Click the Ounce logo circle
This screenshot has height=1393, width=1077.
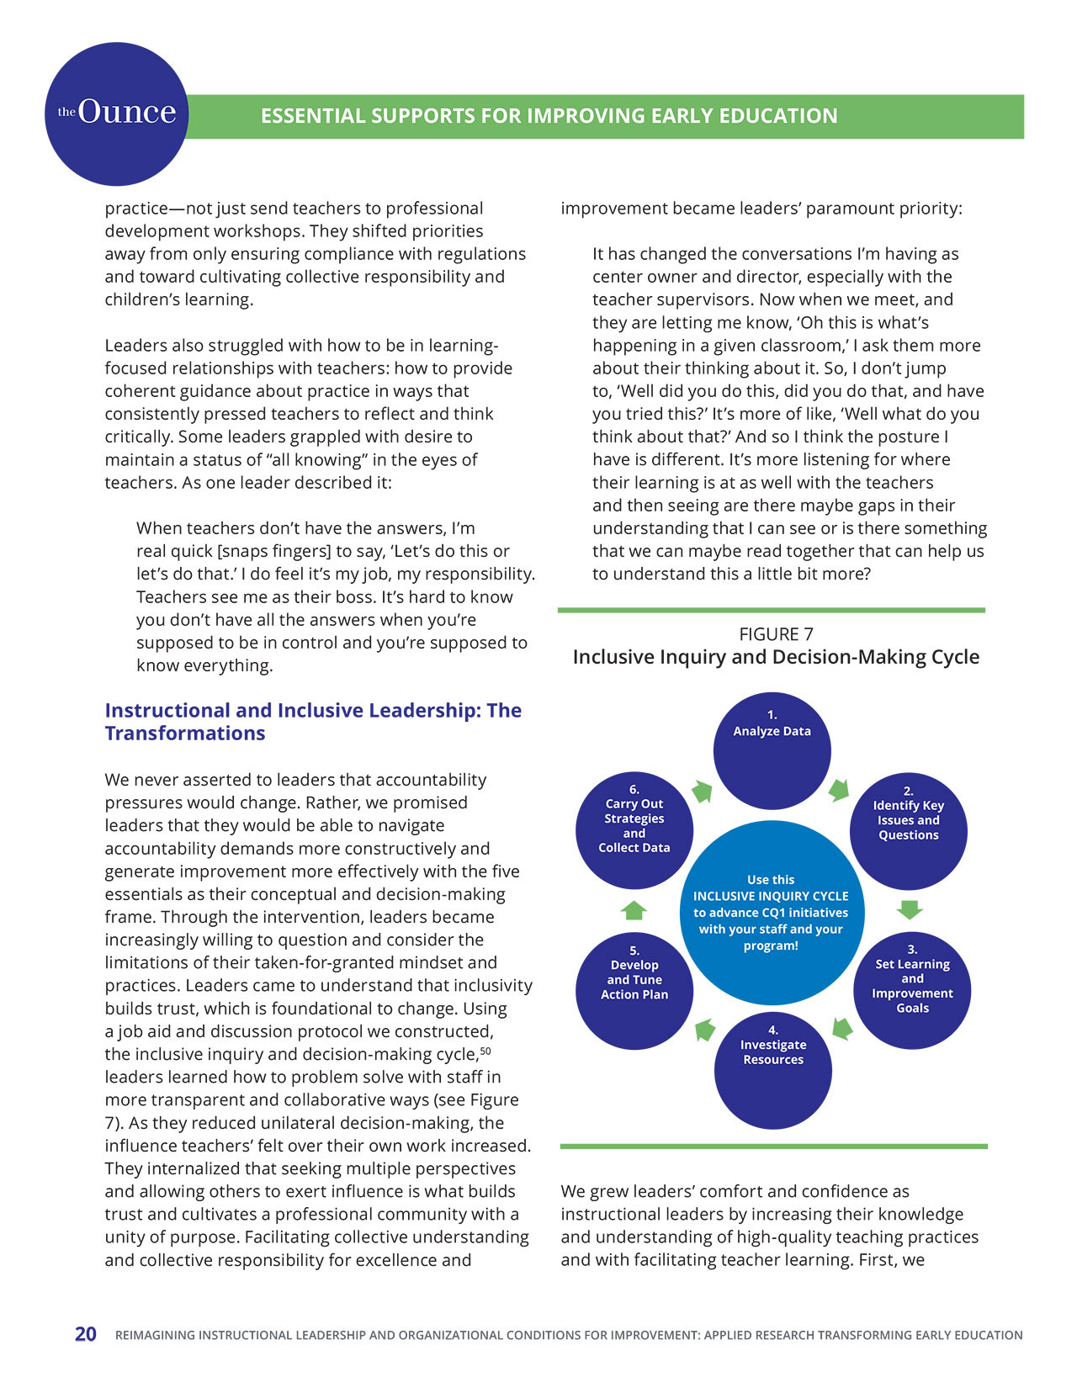coord(116,114)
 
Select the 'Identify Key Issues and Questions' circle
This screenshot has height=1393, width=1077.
coord(908,831)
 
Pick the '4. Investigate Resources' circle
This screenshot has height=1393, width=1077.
coord(772,1070)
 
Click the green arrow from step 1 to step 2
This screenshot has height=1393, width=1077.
coord(839,790)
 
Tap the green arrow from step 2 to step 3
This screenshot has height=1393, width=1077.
coord(910,909)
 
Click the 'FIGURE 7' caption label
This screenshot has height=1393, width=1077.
coord(776,634)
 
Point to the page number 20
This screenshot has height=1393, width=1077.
coord(86,1334)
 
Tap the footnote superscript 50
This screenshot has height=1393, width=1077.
coord(485,1051)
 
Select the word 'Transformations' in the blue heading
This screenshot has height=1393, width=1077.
coord(185,734)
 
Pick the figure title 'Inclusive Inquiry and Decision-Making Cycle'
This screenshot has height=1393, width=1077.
coord(776,657)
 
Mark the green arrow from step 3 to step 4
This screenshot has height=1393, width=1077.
coord(842,1029)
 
